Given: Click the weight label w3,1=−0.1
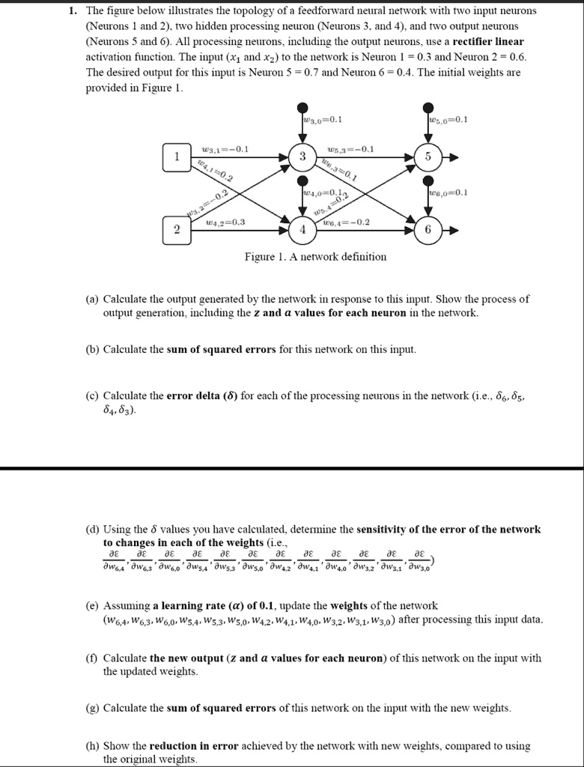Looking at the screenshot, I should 225,149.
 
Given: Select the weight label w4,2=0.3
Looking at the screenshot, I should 225,222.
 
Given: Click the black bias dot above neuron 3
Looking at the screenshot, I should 302,107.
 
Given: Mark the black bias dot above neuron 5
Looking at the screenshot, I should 428,107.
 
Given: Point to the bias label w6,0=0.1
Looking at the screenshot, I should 448,192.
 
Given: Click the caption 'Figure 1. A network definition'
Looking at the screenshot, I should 315,257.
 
